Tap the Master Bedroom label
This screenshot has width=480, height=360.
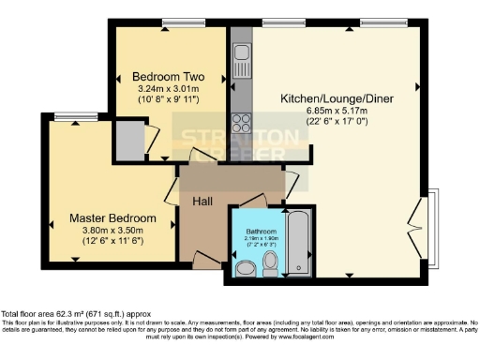coord(112,218)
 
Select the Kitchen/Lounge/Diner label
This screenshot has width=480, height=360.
coord(336,97)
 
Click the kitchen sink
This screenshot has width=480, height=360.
coord(240,50)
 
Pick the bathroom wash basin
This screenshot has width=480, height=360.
coord(245,270)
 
